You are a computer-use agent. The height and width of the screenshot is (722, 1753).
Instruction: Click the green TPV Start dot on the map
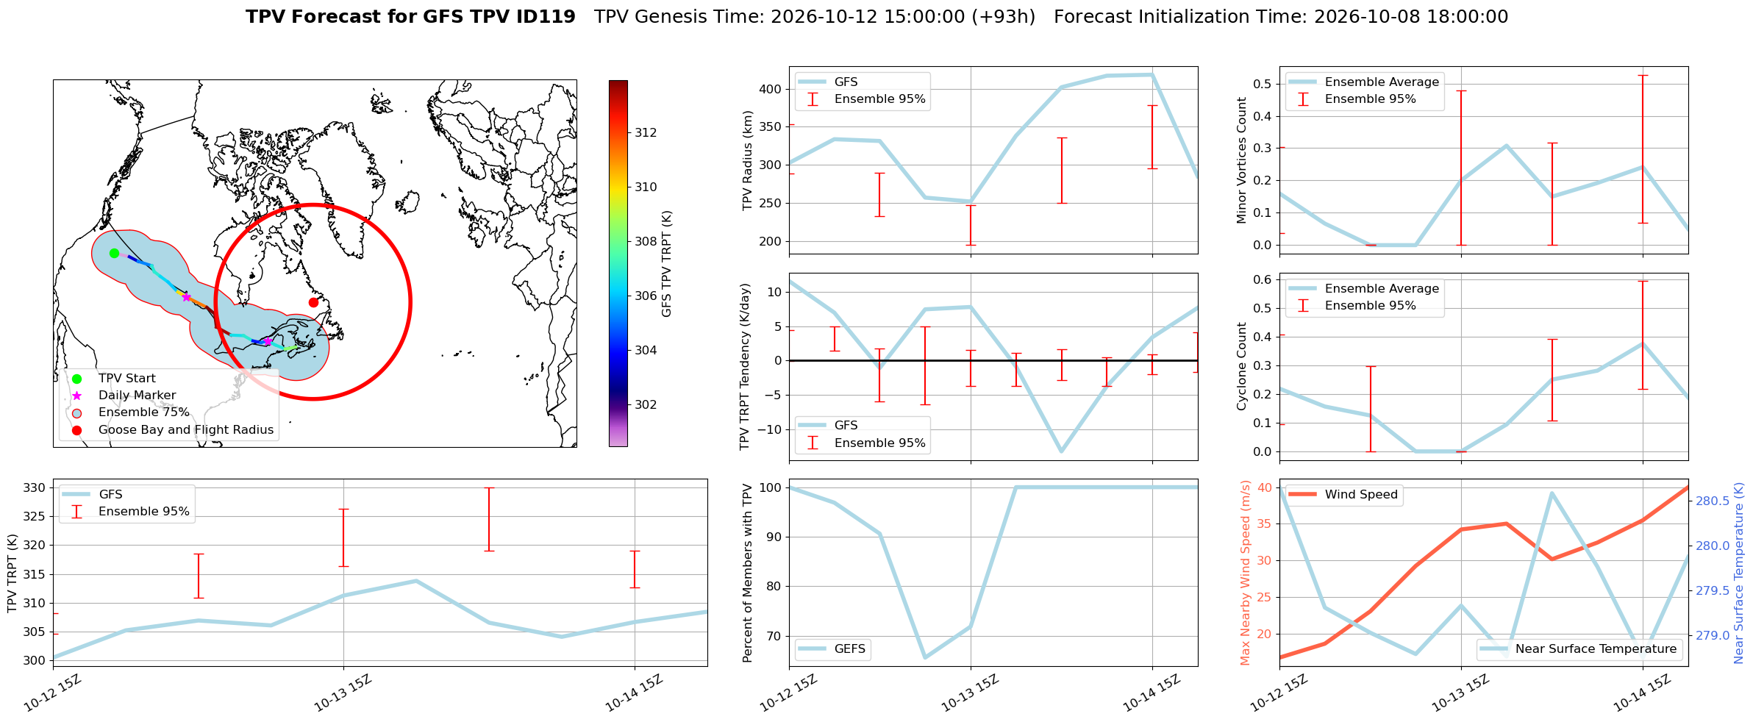114,253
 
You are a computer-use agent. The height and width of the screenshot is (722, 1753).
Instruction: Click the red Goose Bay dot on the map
313,302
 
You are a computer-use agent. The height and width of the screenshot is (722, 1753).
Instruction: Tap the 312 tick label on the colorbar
646,132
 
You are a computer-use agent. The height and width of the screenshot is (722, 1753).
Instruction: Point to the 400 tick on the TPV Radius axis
771,89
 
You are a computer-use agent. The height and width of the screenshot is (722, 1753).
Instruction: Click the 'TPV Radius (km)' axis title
748,160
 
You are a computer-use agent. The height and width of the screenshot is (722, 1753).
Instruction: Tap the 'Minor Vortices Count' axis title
1242,160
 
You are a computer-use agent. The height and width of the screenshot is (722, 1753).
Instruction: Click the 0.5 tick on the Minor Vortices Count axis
1263,84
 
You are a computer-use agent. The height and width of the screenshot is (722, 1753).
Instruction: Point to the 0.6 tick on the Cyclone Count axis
1263,279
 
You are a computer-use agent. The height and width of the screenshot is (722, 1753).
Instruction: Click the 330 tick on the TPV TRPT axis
35,487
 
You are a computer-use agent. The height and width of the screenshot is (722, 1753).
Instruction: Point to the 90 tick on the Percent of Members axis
775,537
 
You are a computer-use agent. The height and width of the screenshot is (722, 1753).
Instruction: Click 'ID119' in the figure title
549,17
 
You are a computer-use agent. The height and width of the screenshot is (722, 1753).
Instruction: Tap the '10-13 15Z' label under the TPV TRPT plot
343,693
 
